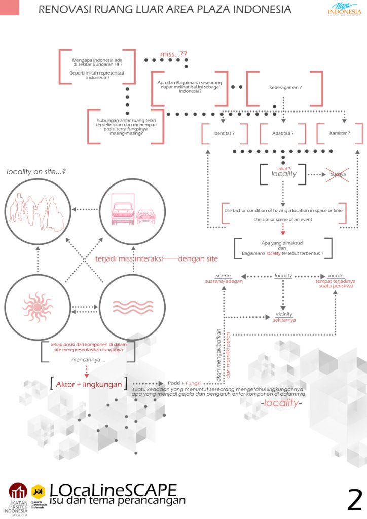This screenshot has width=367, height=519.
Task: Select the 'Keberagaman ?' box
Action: tap(285, 88)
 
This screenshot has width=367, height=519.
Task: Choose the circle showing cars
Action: tap(126, 209)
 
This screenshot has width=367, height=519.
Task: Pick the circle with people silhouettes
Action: tap(38, 209)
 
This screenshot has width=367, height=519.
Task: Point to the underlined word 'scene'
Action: tap(223, 275)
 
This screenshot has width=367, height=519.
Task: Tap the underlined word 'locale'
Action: tap(336, 275)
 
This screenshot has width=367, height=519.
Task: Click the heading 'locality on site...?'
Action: tap(36, 172)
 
